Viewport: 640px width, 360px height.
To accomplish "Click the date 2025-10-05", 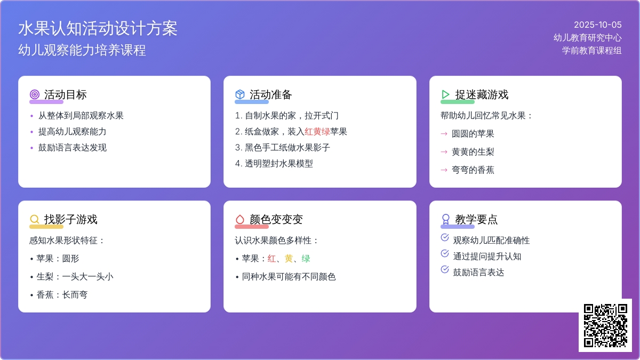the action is click(x=598, y=25).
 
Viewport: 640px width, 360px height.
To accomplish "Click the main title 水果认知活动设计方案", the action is click(x=98, y=29).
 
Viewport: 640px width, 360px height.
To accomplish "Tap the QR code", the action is click(x=605, y=326).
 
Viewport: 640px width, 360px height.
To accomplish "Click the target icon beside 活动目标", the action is click(x=35, y=94).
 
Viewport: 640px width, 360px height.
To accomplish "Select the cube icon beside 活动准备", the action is click(x=240, y=94).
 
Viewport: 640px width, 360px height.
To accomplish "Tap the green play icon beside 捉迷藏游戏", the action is click(x=445, y=94).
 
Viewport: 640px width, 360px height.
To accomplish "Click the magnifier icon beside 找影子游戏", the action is click(x=35, y=219).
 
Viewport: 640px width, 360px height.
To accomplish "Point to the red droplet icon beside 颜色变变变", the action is click(x=240, y=219).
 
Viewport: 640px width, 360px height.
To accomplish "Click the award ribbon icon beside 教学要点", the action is click(x=446, y=219).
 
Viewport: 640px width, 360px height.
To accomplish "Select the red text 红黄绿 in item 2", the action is click(x=317, y=131).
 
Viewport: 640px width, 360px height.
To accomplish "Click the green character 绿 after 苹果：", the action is click(x=306, y=258).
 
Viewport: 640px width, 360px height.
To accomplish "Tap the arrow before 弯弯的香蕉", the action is click(x=444, y=170).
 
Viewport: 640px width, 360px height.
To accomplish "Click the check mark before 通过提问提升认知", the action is click(x=445, y=253).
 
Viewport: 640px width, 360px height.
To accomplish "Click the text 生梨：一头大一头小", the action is click(x=75, y=277).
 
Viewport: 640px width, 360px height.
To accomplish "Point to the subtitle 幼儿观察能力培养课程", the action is click(x=82, y=50).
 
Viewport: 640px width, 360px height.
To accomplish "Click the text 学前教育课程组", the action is click(x=591, y=51).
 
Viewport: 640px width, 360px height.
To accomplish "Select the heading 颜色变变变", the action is click(x=276, y=219).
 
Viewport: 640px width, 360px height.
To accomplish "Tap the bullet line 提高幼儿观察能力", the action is click(x=73, y=131).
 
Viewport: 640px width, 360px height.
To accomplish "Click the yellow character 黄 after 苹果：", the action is click(x=289, y=258).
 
